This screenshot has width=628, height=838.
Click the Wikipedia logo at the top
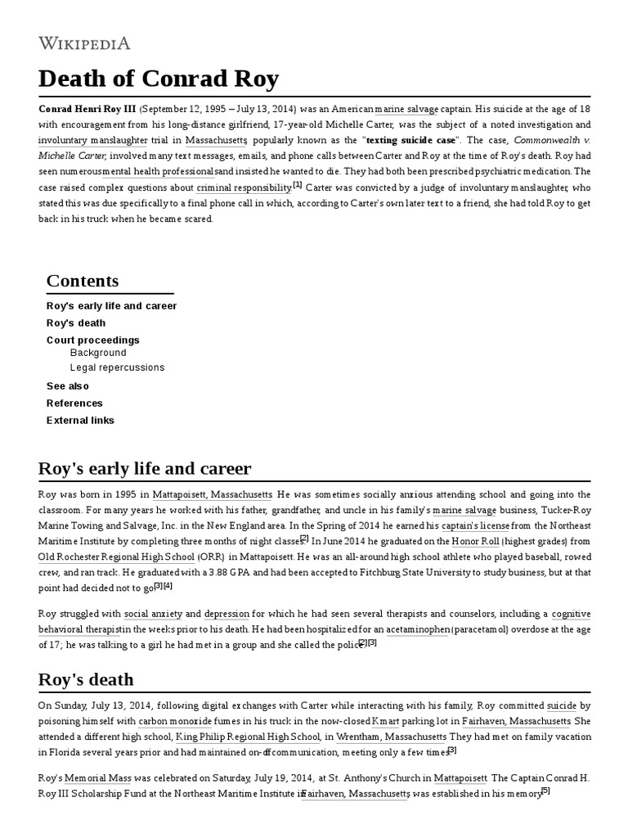[84, 43]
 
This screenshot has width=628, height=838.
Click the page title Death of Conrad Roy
[159, 79]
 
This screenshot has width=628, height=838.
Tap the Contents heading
[83, 281]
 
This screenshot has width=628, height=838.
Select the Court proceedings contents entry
[92, 340]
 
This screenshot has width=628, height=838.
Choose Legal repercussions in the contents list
[117, 367]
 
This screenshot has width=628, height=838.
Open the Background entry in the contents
[98, 353]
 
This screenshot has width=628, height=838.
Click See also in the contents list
[68, 385]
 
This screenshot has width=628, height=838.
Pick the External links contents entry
[80, 420]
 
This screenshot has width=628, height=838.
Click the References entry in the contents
[74, 403]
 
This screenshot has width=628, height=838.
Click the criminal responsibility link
[244, 187]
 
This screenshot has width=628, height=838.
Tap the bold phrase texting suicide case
[411, 140]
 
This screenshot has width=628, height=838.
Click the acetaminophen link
[419, 628]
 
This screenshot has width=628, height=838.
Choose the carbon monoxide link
[175, 721]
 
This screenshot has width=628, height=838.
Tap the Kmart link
[385, 721]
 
